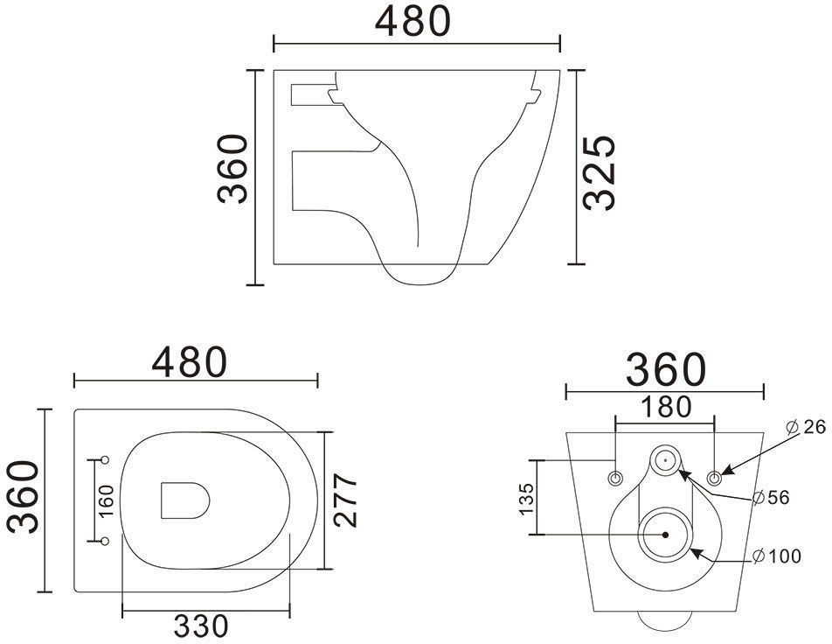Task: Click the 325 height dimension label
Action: coord(599,172)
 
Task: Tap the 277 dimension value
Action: coord(346,500)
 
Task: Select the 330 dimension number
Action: coord(202,626)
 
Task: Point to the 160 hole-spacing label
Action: coord(106,500)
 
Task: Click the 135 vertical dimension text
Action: coord(526,499)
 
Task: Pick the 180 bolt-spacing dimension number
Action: coord(666,407)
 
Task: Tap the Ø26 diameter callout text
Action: coord(806,427)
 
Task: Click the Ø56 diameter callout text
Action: coord(772,497)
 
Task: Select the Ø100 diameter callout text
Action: coord(777,556)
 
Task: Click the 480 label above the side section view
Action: coord(413,21)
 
